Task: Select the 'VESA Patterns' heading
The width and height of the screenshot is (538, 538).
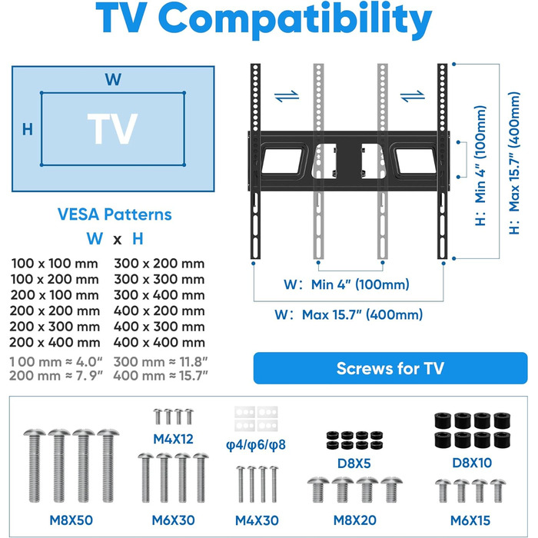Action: coord(115,215)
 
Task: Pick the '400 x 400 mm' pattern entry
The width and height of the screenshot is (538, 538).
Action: coord(159,342)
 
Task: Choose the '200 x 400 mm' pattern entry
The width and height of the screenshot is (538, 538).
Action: coord(55,342)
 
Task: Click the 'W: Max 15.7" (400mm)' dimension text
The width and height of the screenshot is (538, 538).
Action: coord(350,314)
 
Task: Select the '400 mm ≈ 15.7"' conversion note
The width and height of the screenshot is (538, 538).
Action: coord(159,376)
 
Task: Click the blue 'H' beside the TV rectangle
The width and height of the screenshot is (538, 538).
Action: coord(27,129)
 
